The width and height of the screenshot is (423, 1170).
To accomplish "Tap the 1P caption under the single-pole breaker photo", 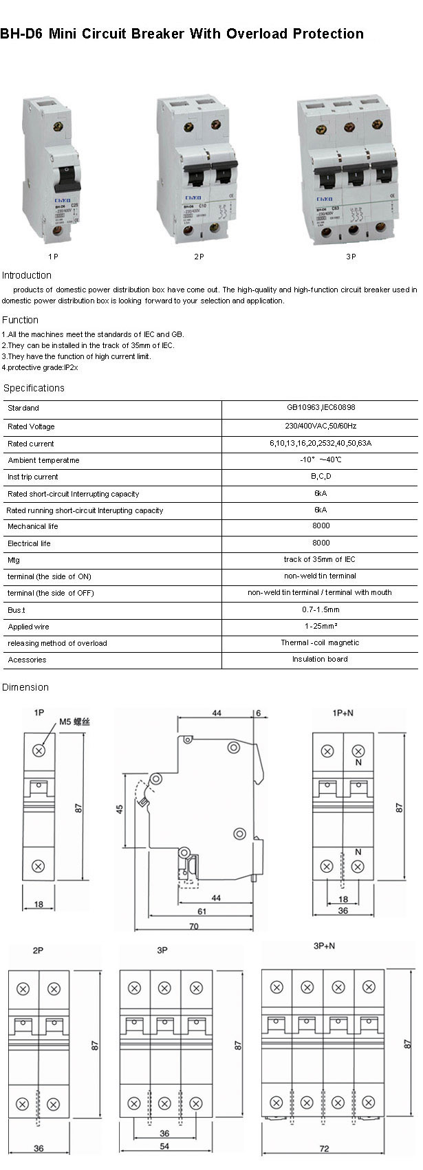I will pos(53,257).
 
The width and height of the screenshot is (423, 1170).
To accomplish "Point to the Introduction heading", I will pos(27,275).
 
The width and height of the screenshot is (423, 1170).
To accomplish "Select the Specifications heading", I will pos(34,388).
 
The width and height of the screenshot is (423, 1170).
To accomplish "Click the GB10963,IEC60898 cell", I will pos(321,408).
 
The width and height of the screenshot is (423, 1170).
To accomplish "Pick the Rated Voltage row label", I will pos(31,426).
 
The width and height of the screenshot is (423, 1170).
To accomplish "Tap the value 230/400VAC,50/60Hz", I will pos(321,426).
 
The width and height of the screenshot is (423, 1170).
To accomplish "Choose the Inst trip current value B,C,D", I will pos(321,476).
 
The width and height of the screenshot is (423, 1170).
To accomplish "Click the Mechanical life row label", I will pos(33,526).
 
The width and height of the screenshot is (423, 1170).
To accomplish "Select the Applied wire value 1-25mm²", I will pos(321,626).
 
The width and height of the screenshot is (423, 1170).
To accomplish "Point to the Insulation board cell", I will pos(320,659).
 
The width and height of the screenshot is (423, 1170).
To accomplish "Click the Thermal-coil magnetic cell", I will pos(320,642).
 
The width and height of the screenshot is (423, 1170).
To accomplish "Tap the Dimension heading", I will pos(25,687).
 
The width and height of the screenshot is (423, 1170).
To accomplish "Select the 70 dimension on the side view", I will pos(193,927).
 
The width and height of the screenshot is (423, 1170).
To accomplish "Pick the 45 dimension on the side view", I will pos(120,809).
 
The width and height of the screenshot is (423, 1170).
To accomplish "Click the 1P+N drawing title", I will pos(343,713).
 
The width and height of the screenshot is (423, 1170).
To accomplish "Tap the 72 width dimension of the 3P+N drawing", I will pos(325,1148).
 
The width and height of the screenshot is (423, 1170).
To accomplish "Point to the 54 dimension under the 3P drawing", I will pos(164,1146).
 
